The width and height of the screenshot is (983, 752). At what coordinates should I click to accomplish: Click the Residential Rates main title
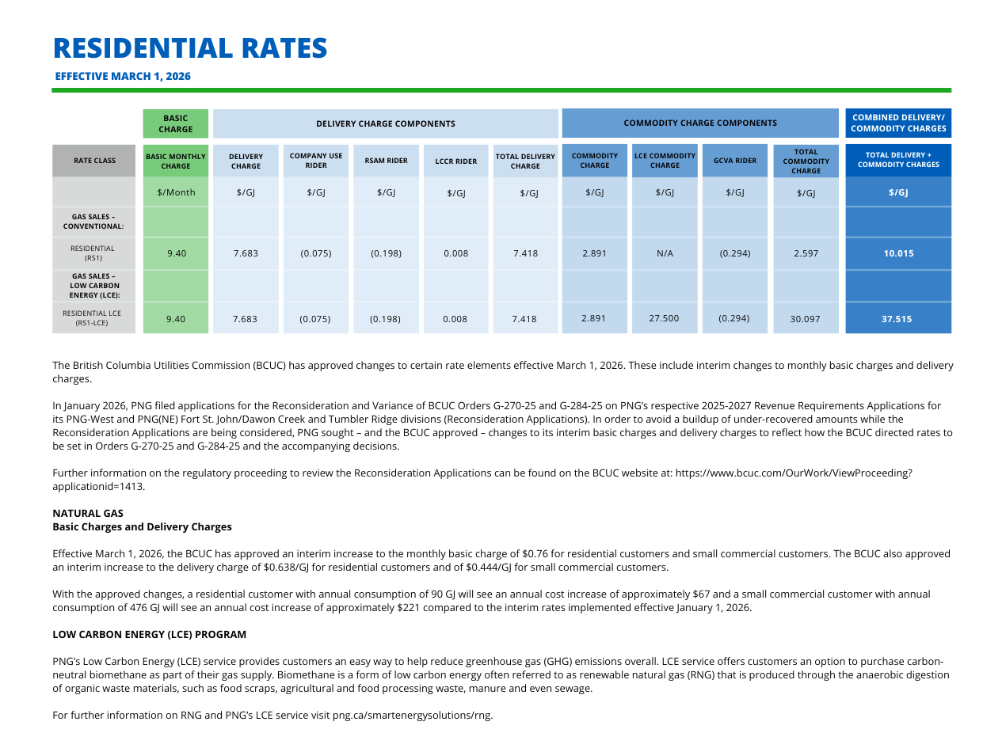190,48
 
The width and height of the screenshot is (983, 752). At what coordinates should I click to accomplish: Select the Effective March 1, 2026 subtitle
123,77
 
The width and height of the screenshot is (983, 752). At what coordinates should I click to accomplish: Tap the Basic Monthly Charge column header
176,161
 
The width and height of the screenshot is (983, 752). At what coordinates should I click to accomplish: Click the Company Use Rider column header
316,161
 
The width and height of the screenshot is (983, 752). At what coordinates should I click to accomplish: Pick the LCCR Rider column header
456,161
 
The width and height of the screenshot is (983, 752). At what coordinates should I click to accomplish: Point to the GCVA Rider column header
734,161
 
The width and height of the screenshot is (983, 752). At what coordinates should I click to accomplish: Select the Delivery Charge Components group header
386,123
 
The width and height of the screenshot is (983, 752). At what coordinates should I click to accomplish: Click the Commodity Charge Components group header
699,123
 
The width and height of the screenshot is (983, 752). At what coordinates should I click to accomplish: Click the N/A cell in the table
665,254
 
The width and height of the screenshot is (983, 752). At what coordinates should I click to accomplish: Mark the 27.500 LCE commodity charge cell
665,318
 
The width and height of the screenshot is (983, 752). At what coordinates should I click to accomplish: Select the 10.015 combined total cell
898,254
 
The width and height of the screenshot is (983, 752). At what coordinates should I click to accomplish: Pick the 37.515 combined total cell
898,319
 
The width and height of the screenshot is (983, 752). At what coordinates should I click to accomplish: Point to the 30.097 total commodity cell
805,319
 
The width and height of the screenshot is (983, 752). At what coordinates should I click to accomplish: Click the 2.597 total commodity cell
805,254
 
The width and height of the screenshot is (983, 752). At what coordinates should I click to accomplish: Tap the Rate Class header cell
94,161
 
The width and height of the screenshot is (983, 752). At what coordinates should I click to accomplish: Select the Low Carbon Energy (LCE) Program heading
149,635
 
